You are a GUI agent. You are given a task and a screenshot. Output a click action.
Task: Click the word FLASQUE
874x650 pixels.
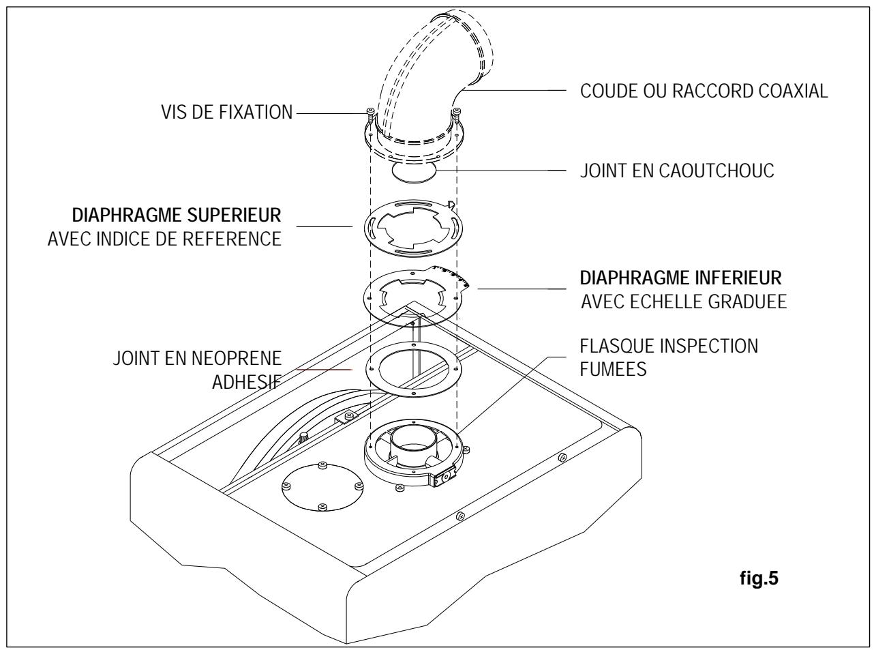point(614,345)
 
